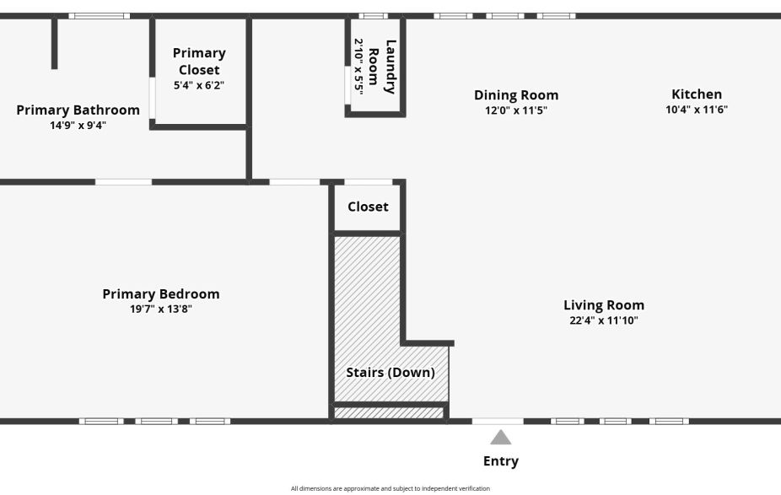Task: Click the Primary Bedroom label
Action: (x=160, y=294)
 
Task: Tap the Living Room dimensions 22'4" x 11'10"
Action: (x=604, y=320)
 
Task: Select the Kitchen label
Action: (x=697, y=94)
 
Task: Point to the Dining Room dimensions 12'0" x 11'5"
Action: (x=516, y=110)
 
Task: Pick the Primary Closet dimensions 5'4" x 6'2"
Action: (x=199, y=85)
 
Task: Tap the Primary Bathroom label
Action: (x=78, y=110)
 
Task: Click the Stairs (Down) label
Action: (x=390, y=373)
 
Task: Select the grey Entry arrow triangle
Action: (x=501, y=437)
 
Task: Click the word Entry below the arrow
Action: (x=501, y=461)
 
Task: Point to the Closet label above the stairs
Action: (x=368, y=207)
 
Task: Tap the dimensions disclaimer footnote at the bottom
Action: (x=390, y=488)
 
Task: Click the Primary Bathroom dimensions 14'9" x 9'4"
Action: (x=78, y=125)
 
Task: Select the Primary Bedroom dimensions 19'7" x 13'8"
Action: (x=160, y=309)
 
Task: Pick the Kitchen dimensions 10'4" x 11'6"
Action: (x=697, y=109)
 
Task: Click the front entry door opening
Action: (x=498, y=421)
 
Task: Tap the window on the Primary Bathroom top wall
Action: (x=99, y=15)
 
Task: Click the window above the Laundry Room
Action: (x=373, y=15)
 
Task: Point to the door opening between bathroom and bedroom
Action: (x=123, y=181)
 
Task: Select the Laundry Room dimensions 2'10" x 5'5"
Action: (x=358, y=66)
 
